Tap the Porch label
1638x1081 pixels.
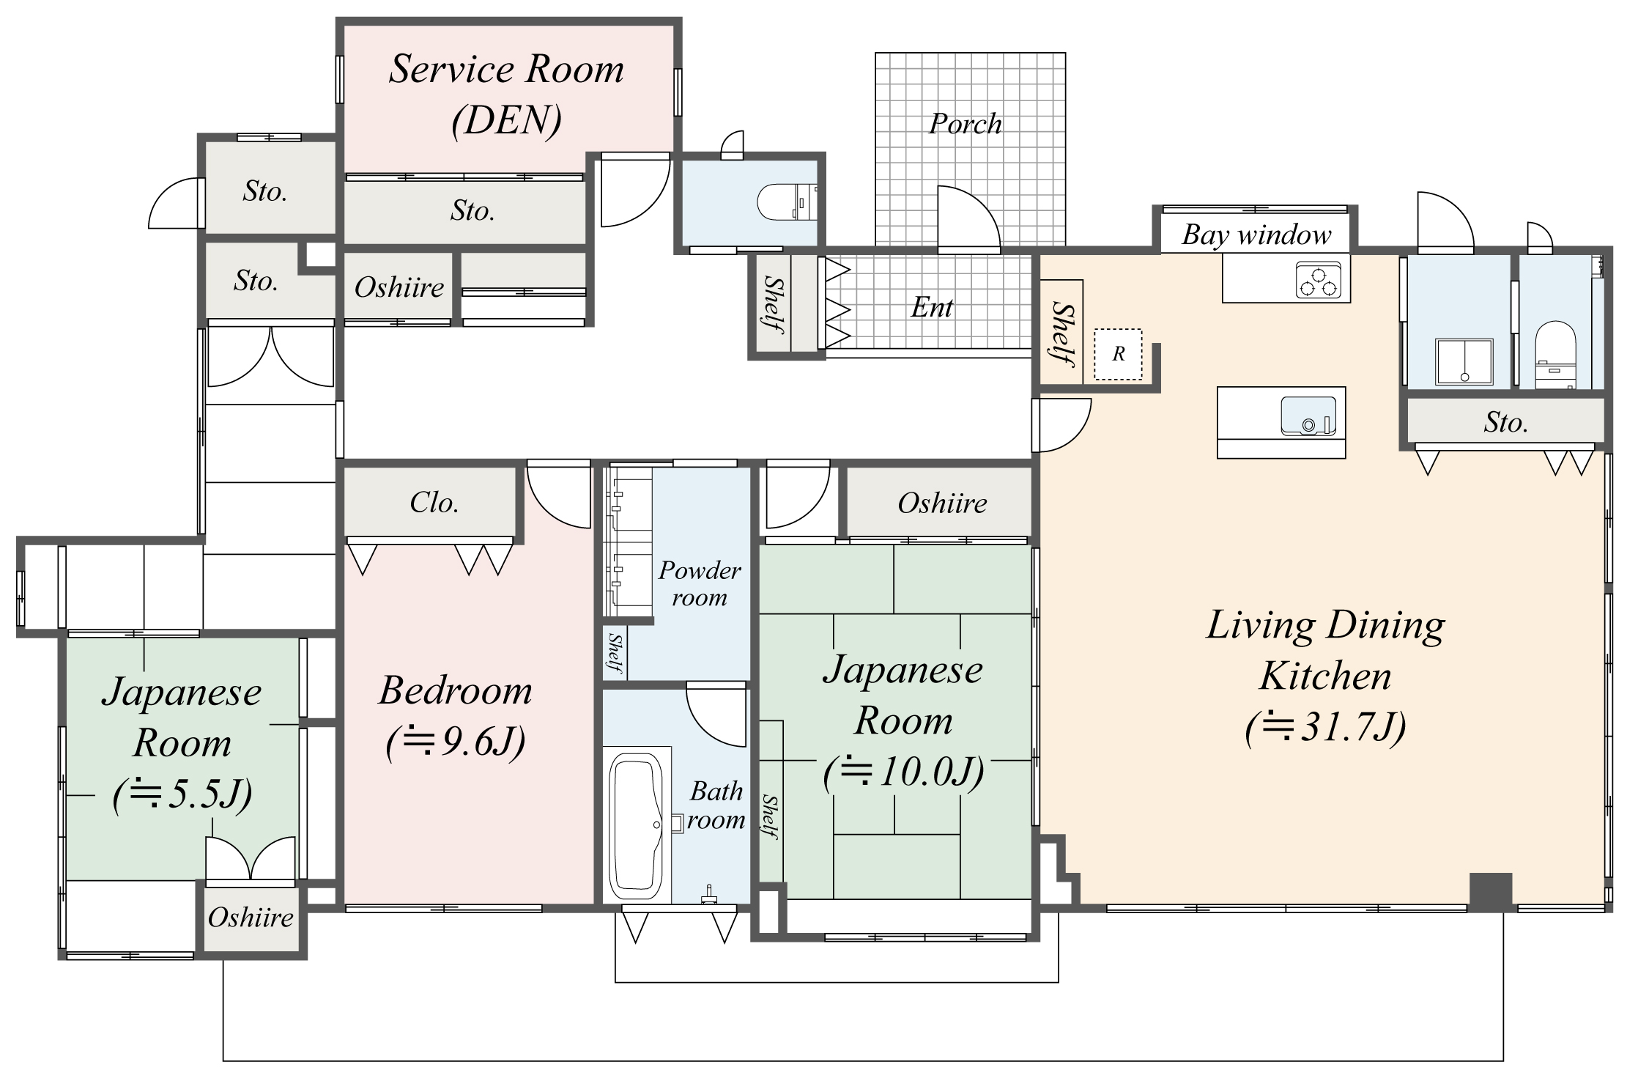[x=965, y=124]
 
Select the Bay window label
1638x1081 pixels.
[x=1256, y=235]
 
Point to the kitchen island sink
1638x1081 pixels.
[x=1308, y=416]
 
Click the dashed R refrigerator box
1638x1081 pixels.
[x=1118, y=355]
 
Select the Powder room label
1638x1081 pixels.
[x=699, y=583]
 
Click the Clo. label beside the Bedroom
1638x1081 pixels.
[x=434, y=503]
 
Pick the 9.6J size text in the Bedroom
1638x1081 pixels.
[x=456, y=742]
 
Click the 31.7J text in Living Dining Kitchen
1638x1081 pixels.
[x=1324, y=728]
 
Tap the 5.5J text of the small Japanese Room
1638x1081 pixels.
[x=182, y=794]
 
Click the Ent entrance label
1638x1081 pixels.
[x=931, y=307]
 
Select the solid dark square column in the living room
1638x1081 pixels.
[x=1490, y=891]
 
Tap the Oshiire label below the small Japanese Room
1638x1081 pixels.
[x=251, y=918]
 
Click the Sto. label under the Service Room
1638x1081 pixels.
[x=472, y=211]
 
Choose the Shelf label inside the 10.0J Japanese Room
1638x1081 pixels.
[x=769, y=816]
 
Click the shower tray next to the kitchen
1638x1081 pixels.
[x=1464, y=361]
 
